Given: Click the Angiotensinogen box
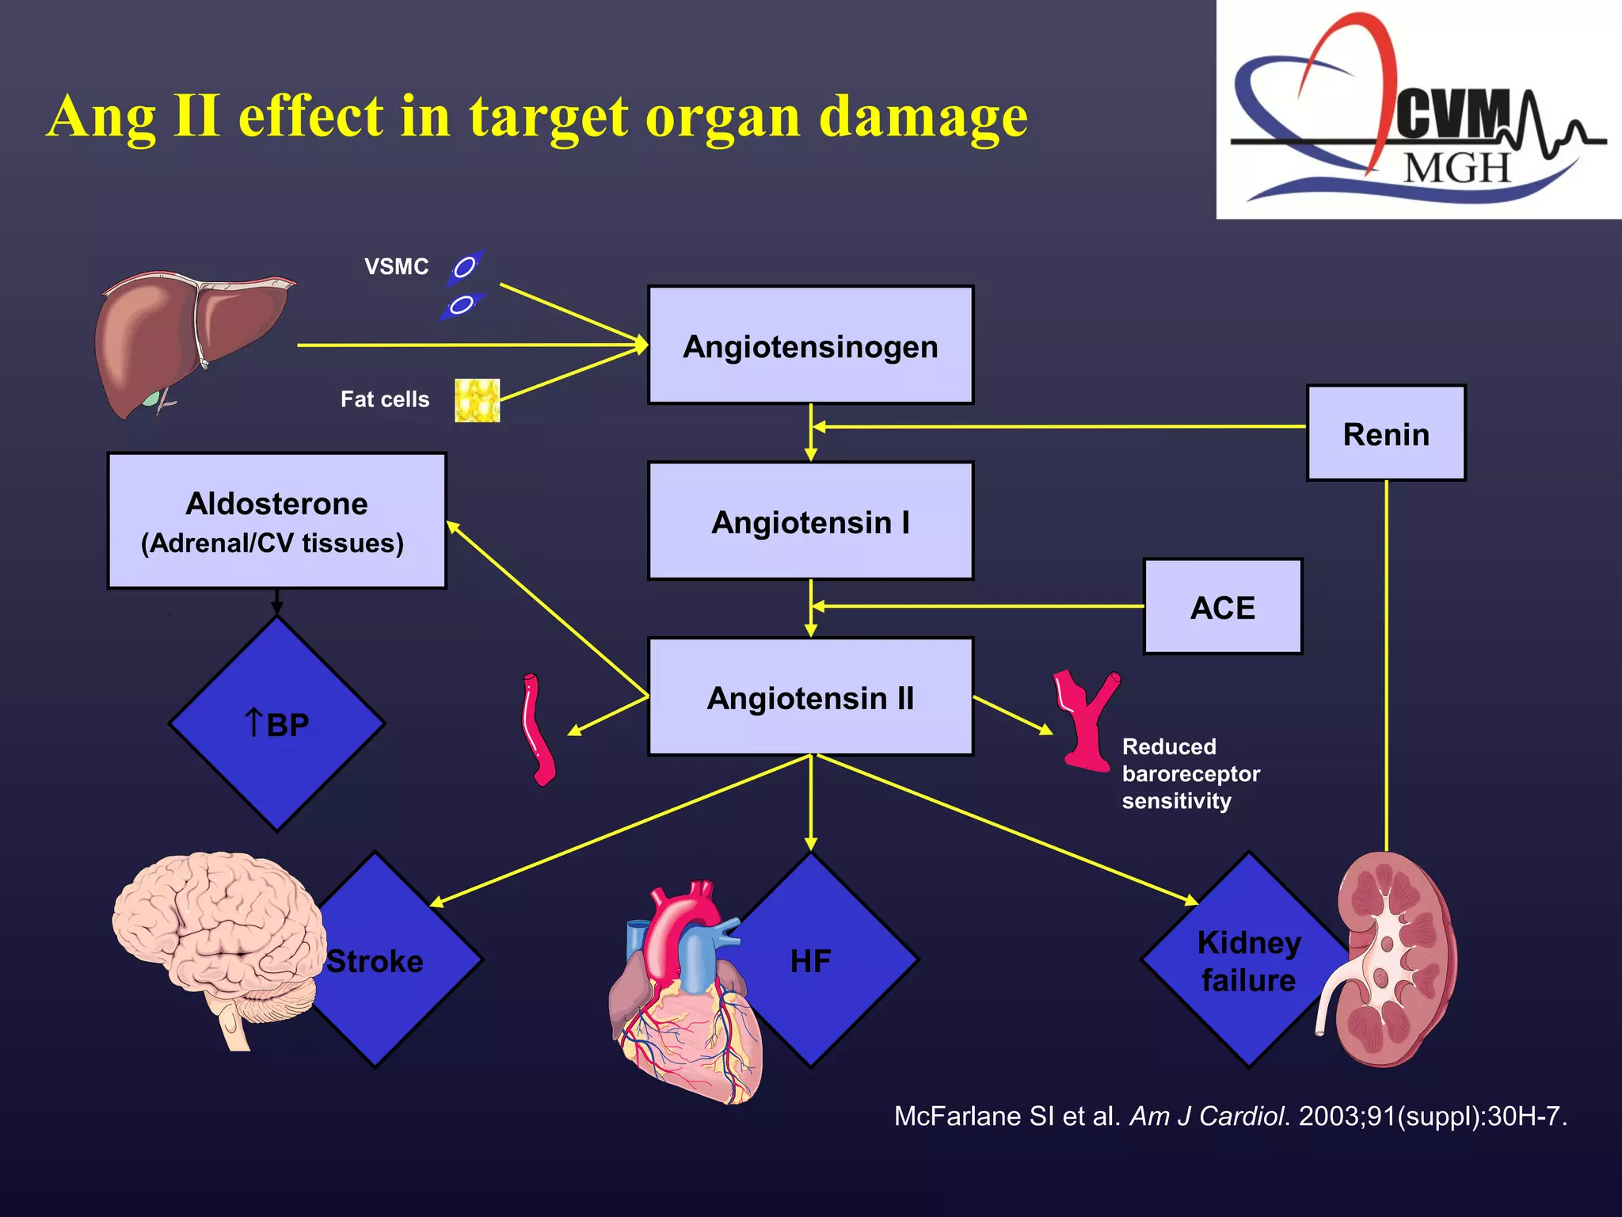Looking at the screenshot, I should (x=810, y=346).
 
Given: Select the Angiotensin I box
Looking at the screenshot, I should (x=810, y=522).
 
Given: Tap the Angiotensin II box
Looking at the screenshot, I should (x=810, y=698).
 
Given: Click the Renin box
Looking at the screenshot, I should (x=1386, y=434).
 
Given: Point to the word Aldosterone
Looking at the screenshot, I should (x=276, y=504).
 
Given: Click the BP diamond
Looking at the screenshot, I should (x=276, y=724).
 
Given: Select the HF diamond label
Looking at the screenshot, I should (x=810, y=961).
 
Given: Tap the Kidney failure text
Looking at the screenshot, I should (x=1248, y=961).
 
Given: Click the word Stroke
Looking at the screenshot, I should (x=375, y=961).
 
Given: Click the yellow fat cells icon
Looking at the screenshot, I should (x=477, y=400).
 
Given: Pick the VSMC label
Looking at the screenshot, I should (x=396, y=267).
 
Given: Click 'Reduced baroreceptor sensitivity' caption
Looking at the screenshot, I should (x=1190, y=773).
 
